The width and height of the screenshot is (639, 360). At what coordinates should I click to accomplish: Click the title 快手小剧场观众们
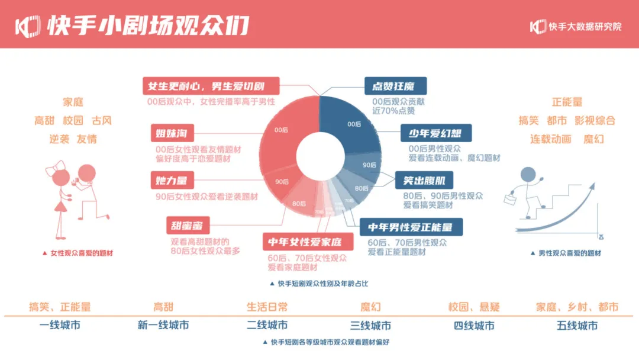coord(148,25)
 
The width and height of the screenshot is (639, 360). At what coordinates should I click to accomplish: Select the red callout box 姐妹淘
coord(172,132)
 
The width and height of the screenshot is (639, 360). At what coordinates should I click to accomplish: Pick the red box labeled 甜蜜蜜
coord(188,226)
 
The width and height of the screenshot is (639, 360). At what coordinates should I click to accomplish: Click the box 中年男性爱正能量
coord(411,227)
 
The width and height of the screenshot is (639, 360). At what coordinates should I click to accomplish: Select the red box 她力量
coord(172,179)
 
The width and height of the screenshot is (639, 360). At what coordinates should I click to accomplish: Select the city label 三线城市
coord(370,326)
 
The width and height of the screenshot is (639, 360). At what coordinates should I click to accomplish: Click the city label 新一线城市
coord(163,326)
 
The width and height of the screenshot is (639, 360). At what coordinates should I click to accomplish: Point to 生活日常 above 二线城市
coord(267,307)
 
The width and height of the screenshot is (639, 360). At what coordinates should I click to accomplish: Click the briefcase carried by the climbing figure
coord(511,200)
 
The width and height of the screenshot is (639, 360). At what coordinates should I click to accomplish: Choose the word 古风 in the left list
coord(101,121)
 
